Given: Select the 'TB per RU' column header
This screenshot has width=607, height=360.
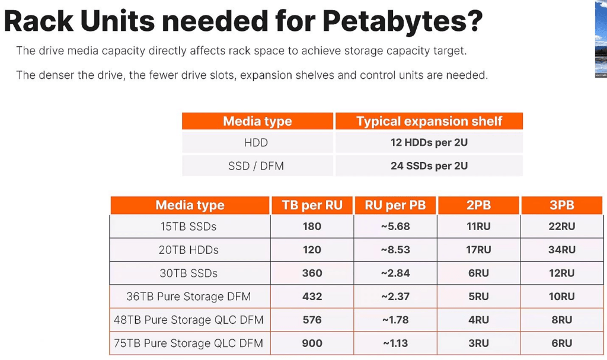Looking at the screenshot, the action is point(312,205).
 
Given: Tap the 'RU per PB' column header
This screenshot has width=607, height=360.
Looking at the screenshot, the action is point(395,205).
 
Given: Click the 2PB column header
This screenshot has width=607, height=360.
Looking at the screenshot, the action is point(478,205).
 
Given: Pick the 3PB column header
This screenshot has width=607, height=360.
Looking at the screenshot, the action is point(562,205).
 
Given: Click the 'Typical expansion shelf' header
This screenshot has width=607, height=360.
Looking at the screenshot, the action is point(429,121).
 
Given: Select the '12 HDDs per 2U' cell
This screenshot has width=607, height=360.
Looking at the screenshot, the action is point(429,142).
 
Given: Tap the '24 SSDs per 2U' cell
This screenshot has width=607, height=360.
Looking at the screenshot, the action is point(429,166).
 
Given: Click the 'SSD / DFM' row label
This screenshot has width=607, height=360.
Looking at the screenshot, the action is point(256,166).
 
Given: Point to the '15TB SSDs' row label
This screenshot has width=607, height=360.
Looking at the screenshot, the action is point(189,227).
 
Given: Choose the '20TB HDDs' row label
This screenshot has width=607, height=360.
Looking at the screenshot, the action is point(189,250).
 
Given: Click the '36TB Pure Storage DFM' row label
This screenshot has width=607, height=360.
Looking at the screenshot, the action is point(189,297).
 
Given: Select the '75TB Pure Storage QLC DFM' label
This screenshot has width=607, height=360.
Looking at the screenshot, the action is point(189,343).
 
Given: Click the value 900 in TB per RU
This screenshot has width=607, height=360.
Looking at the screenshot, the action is point(312,343).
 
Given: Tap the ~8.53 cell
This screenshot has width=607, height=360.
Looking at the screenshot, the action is point(395,250).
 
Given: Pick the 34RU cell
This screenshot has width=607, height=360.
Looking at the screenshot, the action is point(562,250).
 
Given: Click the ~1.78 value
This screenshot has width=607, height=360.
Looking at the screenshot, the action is point(395,320).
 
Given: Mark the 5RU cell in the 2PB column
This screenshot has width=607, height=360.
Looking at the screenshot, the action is point(478,297).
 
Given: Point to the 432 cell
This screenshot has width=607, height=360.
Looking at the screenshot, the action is point(312,297).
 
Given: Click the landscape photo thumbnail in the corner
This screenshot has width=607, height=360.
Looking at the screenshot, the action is point(601,39).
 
